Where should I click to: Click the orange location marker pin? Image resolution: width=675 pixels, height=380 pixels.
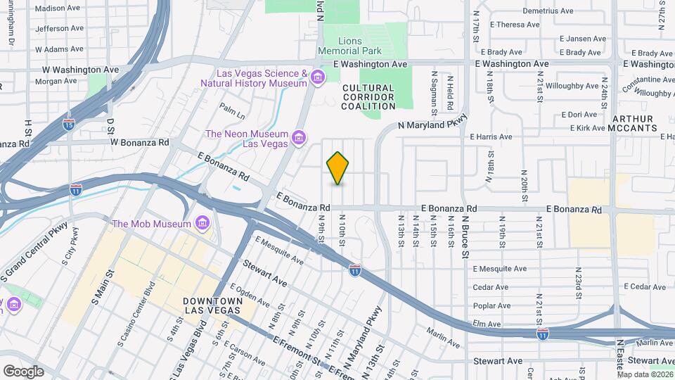coord(338,167)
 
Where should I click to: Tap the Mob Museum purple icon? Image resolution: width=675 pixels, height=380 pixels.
coord(202,224)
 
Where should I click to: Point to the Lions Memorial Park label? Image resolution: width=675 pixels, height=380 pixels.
coord(349,46)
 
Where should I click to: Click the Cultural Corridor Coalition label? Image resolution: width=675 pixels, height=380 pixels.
coord(368,97)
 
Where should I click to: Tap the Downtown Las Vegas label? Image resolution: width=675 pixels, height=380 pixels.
coord(213,305)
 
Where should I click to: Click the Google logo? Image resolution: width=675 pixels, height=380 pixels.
coord(23,371)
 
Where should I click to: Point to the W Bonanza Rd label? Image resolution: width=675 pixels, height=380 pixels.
coord(140,141)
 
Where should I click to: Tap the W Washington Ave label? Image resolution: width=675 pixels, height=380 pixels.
coord(80,70)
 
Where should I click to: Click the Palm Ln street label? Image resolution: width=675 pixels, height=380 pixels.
coord(231,110)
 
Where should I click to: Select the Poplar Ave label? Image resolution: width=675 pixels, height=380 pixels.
coord(491,305)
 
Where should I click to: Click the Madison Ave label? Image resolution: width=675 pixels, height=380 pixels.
coord(58,9)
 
